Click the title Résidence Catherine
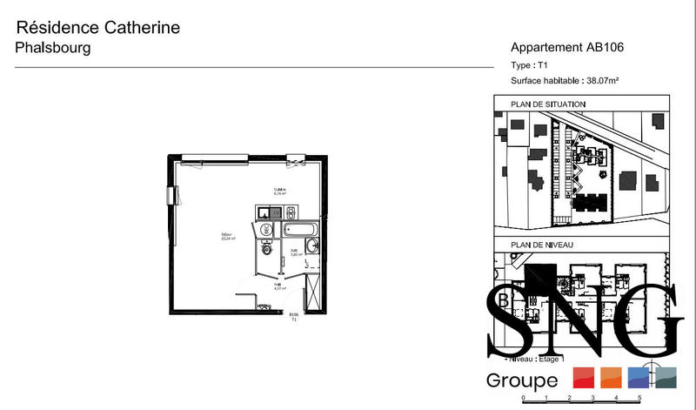(98, 28)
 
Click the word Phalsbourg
(53, 48)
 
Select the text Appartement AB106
(568, 48)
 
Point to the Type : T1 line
(529, 65)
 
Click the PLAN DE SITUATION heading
(548, 104)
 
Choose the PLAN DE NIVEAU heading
(540, 245)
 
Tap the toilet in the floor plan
(266, 250)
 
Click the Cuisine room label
(280, 191)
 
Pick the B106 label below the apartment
(293, 315)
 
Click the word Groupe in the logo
(522, 380)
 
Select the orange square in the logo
(610, 378)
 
